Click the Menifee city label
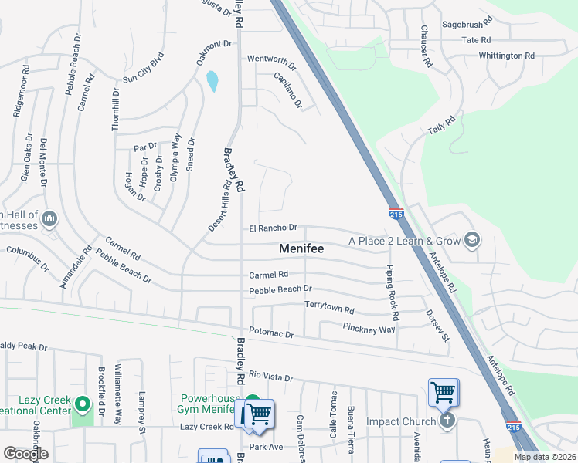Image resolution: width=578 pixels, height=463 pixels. click(301, 249)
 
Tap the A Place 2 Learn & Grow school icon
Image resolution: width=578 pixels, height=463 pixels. click(471, 242)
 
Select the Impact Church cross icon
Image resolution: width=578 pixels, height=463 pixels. click(447, 421)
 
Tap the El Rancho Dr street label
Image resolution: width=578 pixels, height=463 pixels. click(273, 228)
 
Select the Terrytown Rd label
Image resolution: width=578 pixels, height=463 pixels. click(328, 306)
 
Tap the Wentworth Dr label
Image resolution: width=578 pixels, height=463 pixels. click(271, 59)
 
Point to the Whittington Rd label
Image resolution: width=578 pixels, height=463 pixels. click(506, 56)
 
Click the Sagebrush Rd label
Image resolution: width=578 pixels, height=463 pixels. click(467, 25)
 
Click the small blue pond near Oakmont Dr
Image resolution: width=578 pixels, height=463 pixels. click(212, 80)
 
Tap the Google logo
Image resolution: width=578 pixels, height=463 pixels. click(26, 453)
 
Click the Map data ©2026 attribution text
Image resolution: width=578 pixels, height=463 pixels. click(544, 457)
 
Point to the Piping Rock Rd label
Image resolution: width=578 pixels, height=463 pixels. click(393, 293)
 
